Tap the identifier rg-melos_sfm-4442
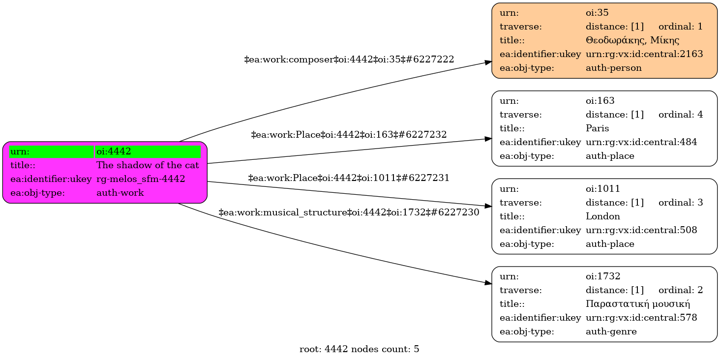pos(141,179)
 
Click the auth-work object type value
pos(120,193)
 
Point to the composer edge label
pos(349,60)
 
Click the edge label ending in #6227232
pos(349,134)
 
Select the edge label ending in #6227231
pos(349,178)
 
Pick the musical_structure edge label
pos(349,212)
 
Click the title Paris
pos(597,128)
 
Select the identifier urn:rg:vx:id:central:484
pos(641,142)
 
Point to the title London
pos(602,216)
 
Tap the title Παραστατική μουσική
pos(638,304)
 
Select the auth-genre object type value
pos(611,331)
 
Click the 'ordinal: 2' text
pos(680,290)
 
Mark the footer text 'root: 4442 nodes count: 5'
pos(359,350)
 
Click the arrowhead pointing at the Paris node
pos(488,139)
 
